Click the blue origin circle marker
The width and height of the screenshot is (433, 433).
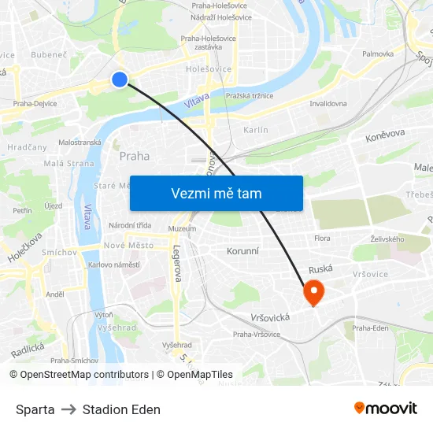pyautogui.click(x=120, y=79)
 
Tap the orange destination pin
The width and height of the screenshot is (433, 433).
pyautogui.click(x=313, y=293)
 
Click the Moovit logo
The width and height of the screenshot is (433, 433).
pyautogui.click(x=386, y=409)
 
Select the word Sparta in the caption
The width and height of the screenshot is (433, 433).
pyautogui.click(x=35, y=409)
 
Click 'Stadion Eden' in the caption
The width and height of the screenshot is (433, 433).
pyautogui.click(x=121, y=409)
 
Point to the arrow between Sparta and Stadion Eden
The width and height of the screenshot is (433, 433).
pyautogui.click(x=68, y=409)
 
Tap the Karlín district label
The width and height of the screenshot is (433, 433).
pyautogui.click(x=256, y=130)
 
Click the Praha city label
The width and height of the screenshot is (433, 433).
pyautogui.click(x=134, y=156)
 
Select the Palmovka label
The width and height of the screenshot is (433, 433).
pyautogui.click(x=378, y=54)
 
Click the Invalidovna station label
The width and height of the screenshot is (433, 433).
pyautogui.click(x=328, y=103)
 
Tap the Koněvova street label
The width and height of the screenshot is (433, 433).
pyautogui.click(x=385, y=135)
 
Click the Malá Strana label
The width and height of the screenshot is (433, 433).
pyautogui.click(x=68, y=164)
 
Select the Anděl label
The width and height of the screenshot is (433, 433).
pyautogui.click(x=54, y=294)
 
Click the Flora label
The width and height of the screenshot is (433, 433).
pyautogui.click(x=322, y=238)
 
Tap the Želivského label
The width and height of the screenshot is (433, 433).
pyautogui.click(x=387, y=239)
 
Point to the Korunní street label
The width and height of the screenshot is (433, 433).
pyautogui.click(x=242, y=250)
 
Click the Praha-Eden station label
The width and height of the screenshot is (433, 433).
pyautogui.click(x=370, y=328)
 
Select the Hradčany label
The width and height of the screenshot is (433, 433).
pyautogui.click(x=27, y=147)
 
